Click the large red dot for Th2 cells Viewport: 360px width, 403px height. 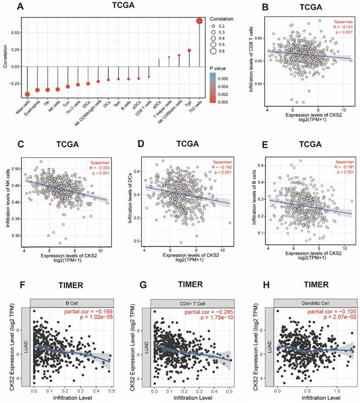click(x=199, y=21)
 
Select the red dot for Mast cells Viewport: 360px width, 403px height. click(x=28, y=94)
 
